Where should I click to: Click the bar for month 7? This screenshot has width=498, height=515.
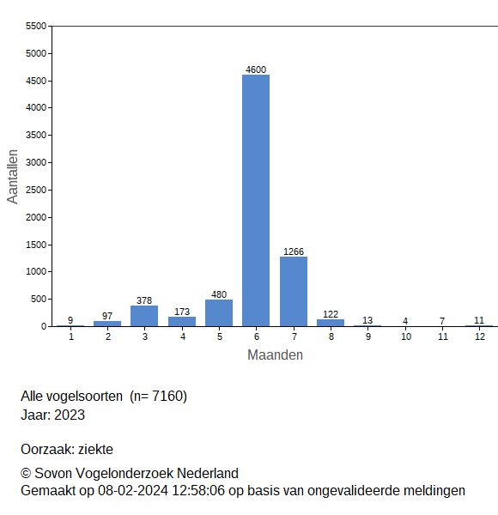pos(294,291)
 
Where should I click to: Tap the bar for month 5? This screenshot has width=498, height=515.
pos(219,312)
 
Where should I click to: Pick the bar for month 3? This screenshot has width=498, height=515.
pos(144,315)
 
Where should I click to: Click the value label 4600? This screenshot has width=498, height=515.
pos(256,70)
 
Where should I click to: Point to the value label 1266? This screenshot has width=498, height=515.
pos(294,251)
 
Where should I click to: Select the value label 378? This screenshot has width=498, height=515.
pos(144,300)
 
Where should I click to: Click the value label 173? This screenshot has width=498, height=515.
pos(181,312)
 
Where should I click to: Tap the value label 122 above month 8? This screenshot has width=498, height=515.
pos(331,314)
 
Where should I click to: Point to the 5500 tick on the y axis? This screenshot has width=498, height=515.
pos(35,27)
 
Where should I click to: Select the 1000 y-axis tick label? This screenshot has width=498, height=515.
pos(35,272)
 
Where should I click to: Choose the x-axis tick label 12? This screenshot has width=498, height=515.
pos(480,337)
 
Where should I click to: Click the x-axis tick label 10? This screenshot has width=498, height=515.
pos(405,337)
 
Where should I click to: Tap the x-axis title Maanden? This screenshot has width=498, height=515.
pos(275,354)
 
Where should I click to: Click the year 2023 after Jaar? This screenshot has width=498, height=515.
pos(70,415)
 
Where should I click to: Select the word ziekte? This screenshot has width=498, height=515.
pos(95,449)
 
